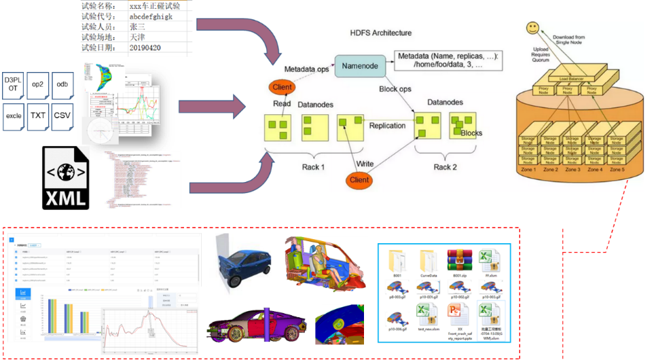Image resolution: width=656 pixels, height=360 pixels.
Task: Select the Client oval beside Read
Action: [x=282, y=88]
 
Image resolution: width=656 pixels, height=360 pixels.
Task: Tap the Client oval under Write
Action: [x=359, y=180]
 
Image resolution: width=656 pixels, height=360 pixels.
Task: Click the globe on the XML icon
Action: [x=65, y=170]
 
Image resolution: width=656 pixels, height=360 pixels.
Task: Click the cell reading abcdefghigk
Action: [x=156, y=16]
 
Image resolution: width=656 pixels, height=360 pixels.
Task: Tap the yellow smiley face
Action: [x=533, y=29]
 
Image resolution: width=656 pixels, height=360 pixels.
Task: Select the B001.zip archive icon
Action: [x=459, y=263]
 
